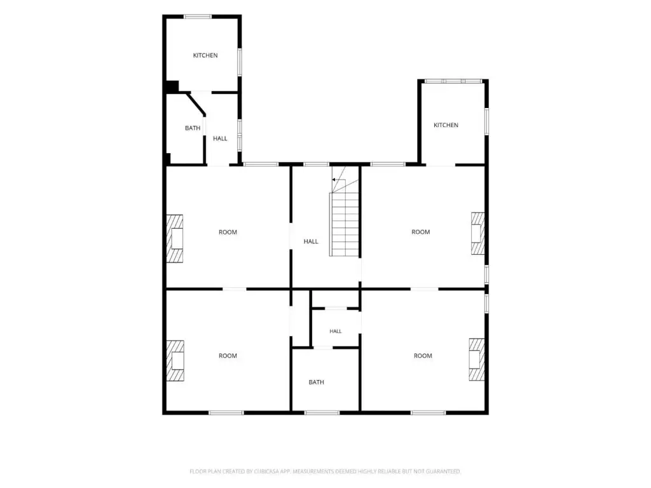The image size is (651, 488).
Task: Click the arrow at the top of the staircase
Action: pyautogui.click(x=338, y=180)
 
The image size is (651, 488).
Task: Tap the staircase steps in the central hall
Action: pyautogui.click(x=344, y=224)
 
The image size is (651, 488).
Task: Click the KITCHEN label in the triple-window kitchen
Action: pyautogui.click(x=446, y=125)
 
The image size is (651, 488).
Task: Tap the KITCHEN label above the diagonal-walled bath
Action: pyautogui.click(x=205, y=55)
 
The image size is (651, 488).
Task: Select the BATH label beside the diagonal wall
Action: pyautogui.click(x=193, y=128)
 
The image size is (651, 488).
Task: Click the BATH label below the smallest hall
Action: pyautogui.click(x=317, y=382)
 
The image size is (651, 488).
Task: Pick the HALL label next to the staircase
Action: pyautogui.click(x=311, y=241)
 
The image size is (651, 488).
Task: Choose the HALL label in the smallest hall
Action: pyautogui.click(x=336, y=331)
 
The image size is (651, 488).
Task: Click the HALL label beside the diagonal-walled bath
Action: pyautogui.click(x=220, y=138)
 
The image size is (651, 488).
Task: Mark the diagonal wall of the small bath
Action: pyautogui.click(x=196, y=104)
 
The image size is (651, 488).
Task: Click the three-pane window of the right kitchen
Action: pyautogui.click(x=453, y=81)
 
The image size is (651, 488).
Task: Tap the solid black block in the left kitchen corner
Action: pyautogui.click(x=172, y=86)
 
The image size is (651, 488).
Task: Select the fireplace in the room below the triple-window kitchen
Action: pyautogui.click(x=478, y=234)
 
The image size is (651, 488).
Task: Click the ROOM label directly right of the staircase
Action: pyautogui.click(x=421, y=232)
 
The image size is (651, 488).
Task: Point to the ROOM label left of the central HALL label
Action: pyautogui.click(x=228, y=232)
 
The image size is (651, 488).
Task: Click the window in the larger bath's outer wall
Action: pyautogui.click(x=322, y=412)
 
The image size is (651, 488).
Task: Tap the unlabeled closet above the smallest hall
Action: pyautogui.click(x=336, y=299)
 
